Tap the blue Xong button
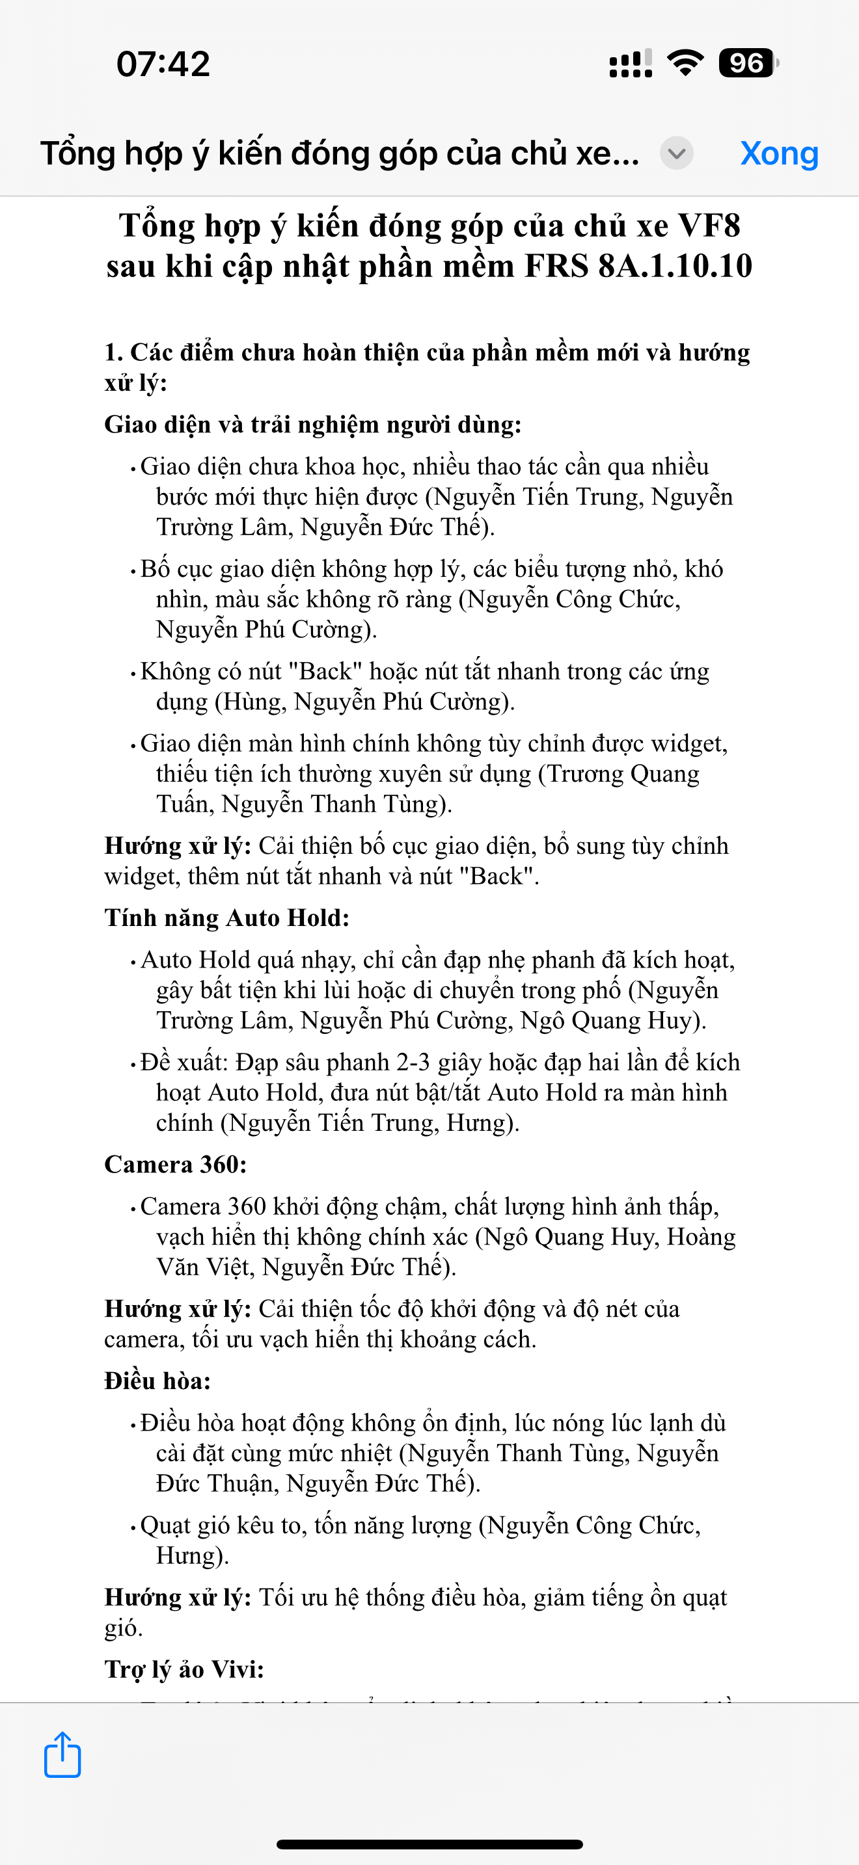click(778, 153)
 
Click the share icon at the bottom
click(62, 1754)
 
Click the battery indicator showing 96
click(748, 63)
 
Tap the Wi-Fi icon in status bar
click(685, 63)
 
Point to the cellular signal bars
click(630, 63)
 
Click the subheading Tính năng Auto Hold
click(226, 918)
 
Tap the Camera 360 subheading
click(175, 1164)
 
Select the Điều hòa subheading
click(157, 1381)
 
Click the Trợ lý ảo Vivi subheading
click(184, 1669)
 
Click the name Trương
click(586, 774)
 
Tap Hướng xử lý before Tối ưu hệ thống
click(178, 1597)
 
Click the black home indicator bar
click(429, 1844)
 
